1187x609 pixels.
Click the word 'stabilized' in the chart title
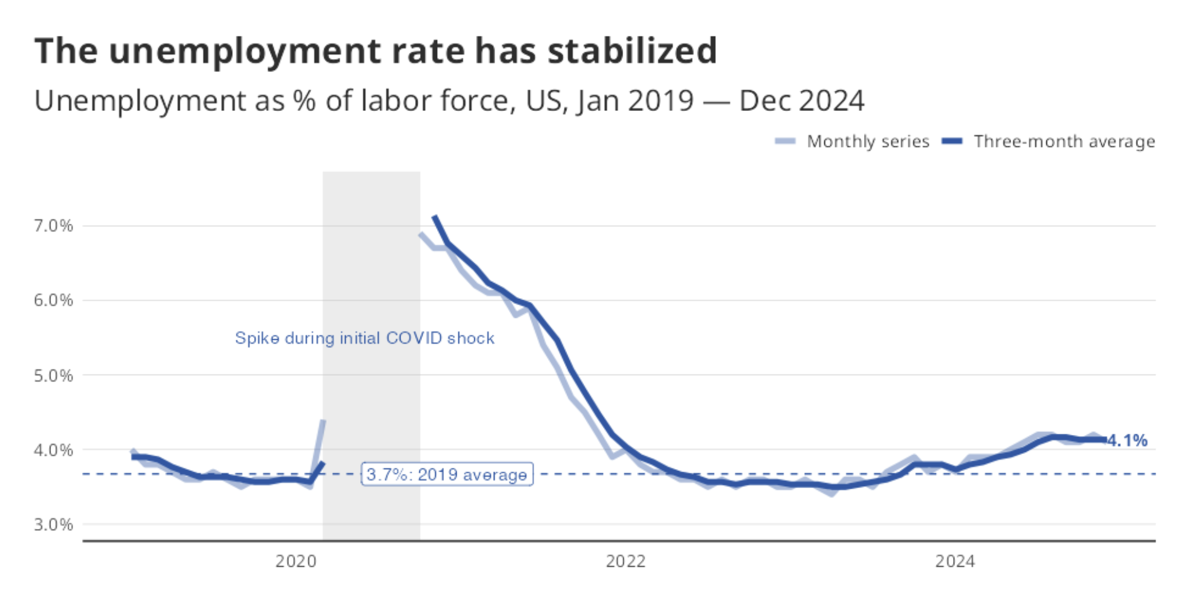pyautogui.click(x=632, y=51)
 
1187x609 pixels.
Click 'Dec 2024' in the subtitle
pyautogui.click(x=802, y=101)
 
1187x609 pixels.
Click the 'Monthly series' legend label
pyautogui.click(x=868, y=141)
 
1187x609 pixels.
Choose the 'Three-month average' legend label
pyautogui.click(x=1064, y=141)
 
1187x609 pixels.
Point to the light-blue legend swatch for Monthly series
pyautogui.click(x=785, y=141)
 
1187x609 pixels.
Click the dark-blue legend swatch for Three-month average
pyautogui.click(x=952, y=141)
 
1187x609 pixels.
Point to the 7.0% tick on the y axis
pyautogui.click(x=53, y=226)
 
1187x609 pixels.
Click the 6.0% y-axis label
pyautogui.click(x=53, y=300)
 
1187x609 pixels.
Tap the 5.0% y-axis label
pyautogui.click(x=53, y=376)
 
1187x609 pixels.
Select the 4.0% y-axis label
pyautogui.click(x=53, y=450)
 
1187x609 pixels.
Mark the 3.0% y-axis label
pyautogui.click(x=53, y=525)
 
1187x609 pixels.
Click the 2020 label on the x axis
pyautogui.click(x=296, y=561)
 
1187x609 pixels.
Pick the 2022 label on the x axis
pyautogui.click(x=626, y=561)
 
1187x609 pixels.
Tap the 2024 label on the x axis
pyautogui.click(x=955, y=561)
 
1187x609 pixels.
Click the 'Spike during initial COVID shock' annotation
pyautogui.click(x=365, y=339)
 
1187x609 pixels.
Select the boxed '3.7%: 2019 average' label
pyautogui.click(x=447, y=474)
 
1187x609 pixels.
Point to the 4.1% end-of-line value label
pyautogui.click(x=1128, y=441)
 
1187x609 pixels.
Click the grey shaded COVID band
pyautogui.click(x=371, y=265)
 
